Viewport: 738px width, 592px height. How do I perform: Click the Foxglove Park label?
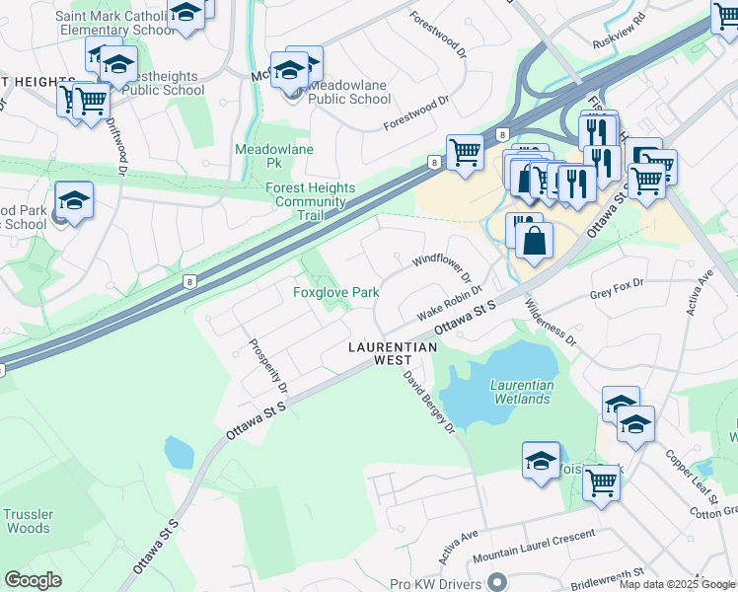[336, 293]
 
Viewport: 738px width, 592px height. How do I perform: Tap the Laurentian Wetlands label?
[521, 392]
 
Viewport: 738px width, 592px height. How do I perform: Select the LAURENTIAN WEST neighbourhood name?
[393, 354]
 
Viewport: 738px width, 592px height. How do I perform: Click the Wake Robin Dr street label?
[448, 302]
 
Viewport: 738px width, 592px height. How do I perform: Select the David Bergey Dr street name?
[427, 402]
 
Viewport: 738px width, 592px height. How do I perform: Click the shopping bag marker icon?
[534, 241]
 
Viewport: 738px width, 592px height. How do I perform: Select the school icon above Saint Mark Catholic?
[184, 13]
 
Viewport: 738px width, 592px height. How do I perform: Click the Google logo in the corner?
[33, 580]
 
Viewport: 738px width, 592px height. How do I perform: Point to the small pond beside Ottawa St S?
[180, 452]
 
